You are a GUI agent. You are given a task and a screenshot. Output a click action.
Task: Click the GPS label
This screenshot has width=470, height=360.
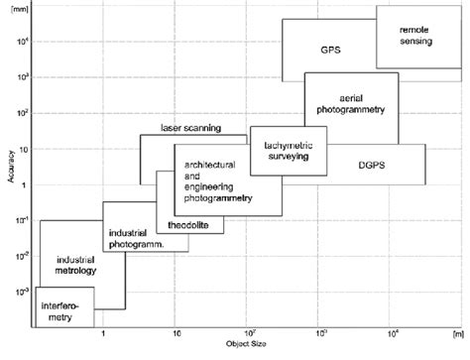point(331,49)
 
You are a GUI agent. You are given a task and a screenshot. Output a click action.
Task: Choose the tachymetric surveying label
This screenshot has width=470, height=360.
point(288,151)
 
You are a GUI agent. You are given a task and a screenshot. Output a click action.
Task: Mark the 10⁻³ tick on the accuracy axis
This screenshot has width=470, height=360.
point(23,291)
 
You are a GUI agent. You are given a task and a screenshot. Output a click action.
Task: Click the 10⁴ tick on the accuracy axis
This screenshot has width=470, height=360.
point(23,43)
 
